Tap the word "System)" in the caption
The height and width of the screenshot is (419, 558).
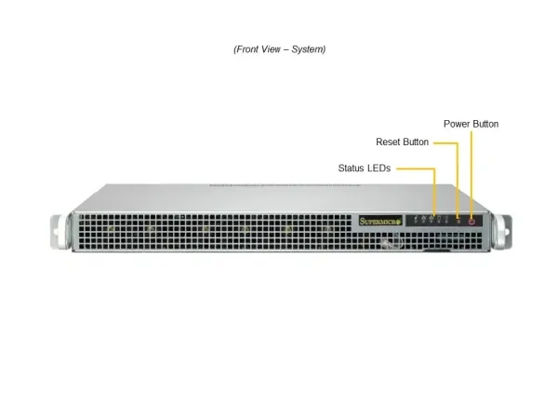click(x=309, y=49)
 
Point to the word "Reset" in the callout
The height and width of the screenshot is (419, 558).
click(x=388, y=142)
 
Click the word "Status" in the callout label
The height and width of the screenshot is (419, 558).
click(x=351, y=169)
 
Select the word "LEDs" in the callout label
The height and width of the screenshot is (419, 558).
click(x=379, y=169)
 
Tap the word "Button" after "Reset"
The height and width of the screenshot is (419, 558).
click(x=416, y=142)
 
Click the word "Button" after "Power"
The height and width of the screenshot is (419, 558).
click(x=485, y=124)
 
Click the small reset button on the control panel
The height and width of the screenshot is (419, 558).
click(x=458, y=222)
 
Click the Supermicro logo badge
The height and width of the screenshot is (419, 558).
click(x=380, y=221)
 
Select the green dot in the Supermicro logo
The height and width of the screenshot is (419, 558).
click(x=399, y=222)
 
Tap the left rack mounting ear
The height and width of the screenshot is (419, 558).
click(x=59, y=232)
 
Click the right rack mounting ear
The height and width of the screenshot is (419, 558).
click(x=503, y=232)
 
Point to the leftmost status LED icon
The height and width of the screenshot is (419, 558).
click(x=416, y=220)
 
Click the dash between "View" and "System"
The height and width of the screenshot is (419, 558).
click(x=286, y=49)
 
